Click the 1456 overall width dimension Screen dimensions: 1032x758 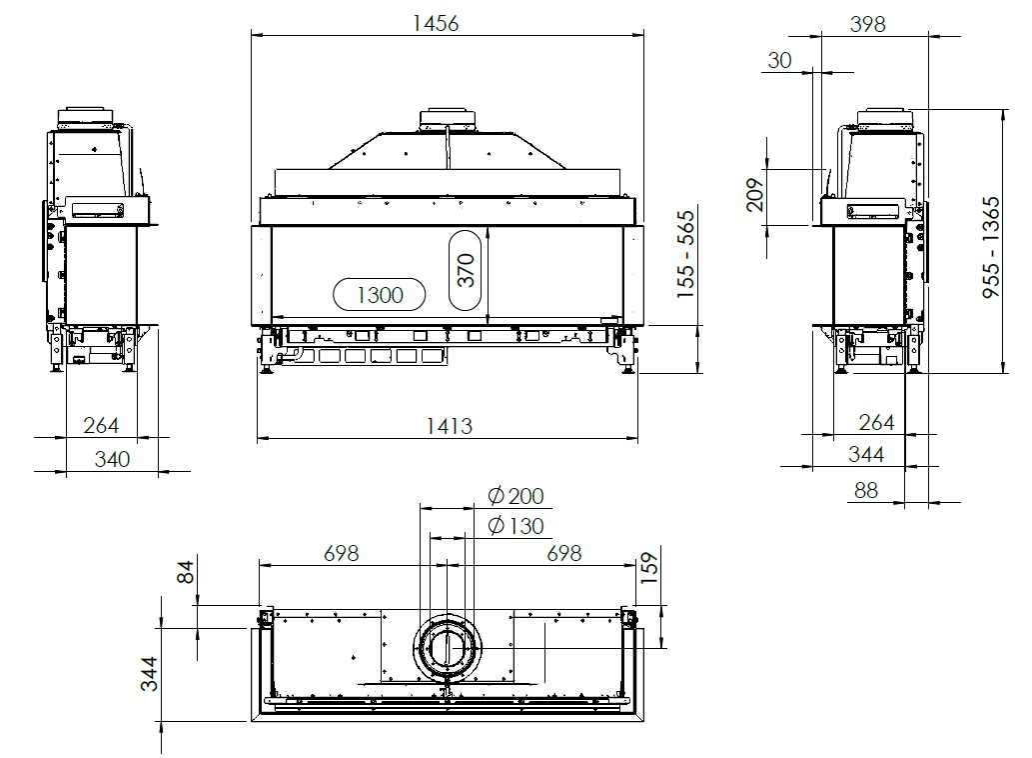[x=435, y=24]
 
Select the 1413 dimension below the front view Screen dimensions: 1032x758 [x=449, y=426]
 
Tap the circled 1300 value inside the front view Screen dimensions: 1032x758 [x=380, y=294]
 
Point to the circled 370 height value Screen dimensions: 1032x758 [x=466, y=270]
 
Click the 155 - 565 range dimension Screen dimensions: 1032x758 [x=685, y=254]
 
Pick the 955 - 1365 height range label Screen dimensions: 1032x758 [x=991, y=247]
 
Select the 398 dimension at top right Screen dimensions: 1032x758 [x=867, y=24]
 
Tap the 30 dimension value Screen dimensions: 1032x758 [x=779, y=61]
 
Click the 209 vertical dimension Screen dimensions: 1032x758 [x=755, y=195]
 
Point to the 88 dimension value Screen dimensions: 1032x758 [x=865, y=491]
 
